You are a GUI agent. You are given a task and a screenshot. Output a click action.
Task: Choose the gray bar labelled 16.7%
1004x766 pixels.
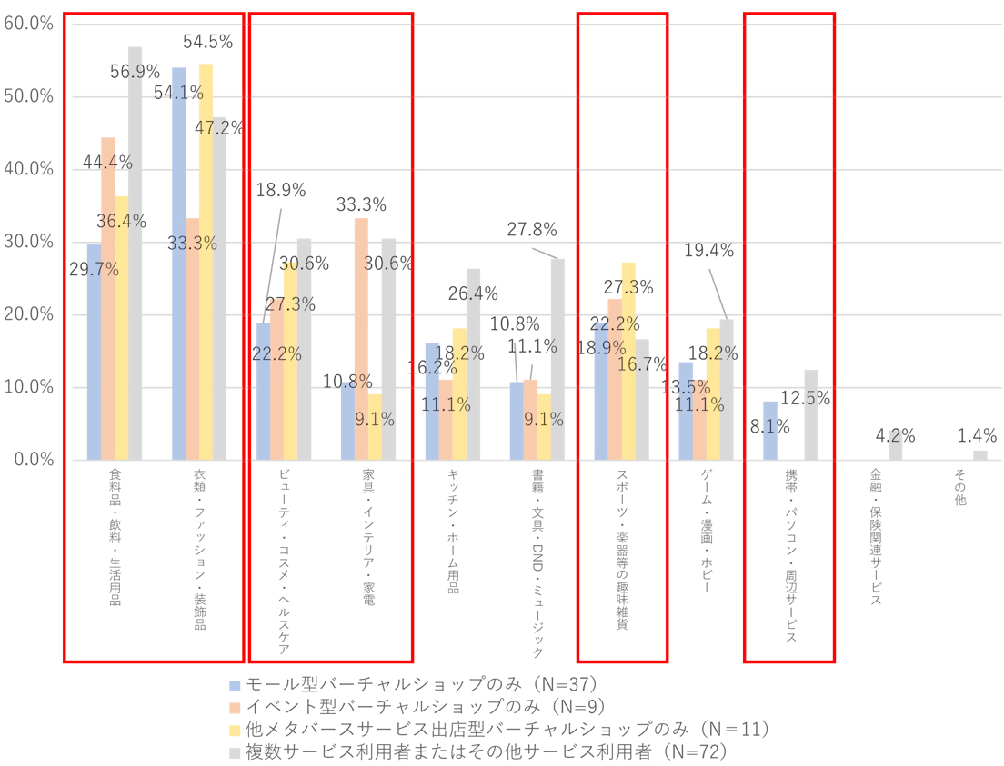click(645, 400)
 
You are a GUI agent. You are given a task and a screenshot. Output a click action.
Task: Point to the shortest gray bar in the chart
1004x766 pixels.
click(978, 453)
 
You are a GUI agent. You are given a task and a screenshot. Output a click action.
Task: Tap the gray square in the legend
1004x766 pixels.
click(236, 751)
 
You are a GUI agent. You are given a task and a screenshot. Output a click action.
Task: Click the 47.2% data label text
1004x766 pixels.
click(216, 128)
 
